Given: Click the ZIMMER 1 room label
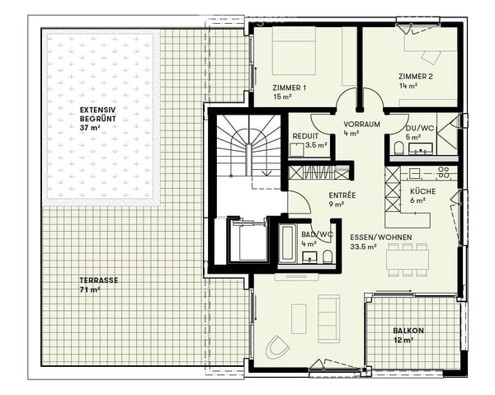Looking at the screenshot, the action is coord(290,87).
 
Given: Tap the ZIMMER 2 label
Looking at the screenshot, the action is coord(416,77).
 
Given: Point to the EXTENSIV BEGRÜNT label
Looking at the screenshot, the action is coord(98,115).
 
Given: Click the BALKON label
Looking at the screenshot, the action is coord(408,331).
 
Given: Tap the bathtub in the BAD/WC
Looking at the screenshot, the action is coord(288,243).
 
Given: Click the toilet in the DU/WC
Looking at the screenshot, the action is coord(399,148).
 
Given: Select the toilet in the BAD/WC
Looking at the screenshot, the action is coord(328,256).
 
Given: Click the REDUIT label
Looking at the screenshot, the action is coord(305,136).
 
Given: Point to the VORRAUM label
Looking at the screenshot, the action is coord(362,124).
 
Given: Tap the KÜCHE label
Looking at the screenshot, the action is coord(423,191).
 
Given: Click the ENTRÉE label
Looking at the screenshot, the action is coord(342,195).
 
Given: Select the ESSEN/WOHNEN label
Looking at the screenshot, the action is coord(380,237).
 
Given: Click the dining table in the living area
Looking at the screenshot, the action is coord(408,260).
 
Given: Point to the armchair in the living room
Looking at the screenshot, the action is coord(277,347).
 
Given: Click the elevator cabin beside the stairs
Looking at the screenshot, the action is coord(249,241).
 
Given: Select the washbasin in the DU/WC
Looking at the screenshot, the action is coord(421,148).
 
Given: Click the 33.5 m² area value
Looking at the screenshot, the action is coord(363,247).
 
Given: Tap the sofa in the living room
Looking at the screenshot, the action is coord(329,319).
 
